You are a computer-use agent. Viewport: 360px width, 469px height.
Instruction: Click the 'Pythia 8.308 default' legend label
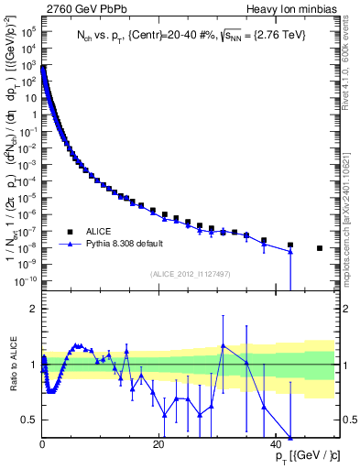(x=125, y=245)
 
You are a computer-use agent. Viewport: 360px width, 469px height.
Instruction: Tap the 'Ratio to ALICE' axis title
(x=14, y=365)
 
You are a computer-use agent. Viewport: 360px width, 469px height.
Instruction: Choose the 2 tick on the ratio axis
(x=34, y=308)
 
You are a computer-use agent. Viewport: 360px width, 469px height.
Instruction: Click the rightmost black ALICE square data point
(x=320, y=248)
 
